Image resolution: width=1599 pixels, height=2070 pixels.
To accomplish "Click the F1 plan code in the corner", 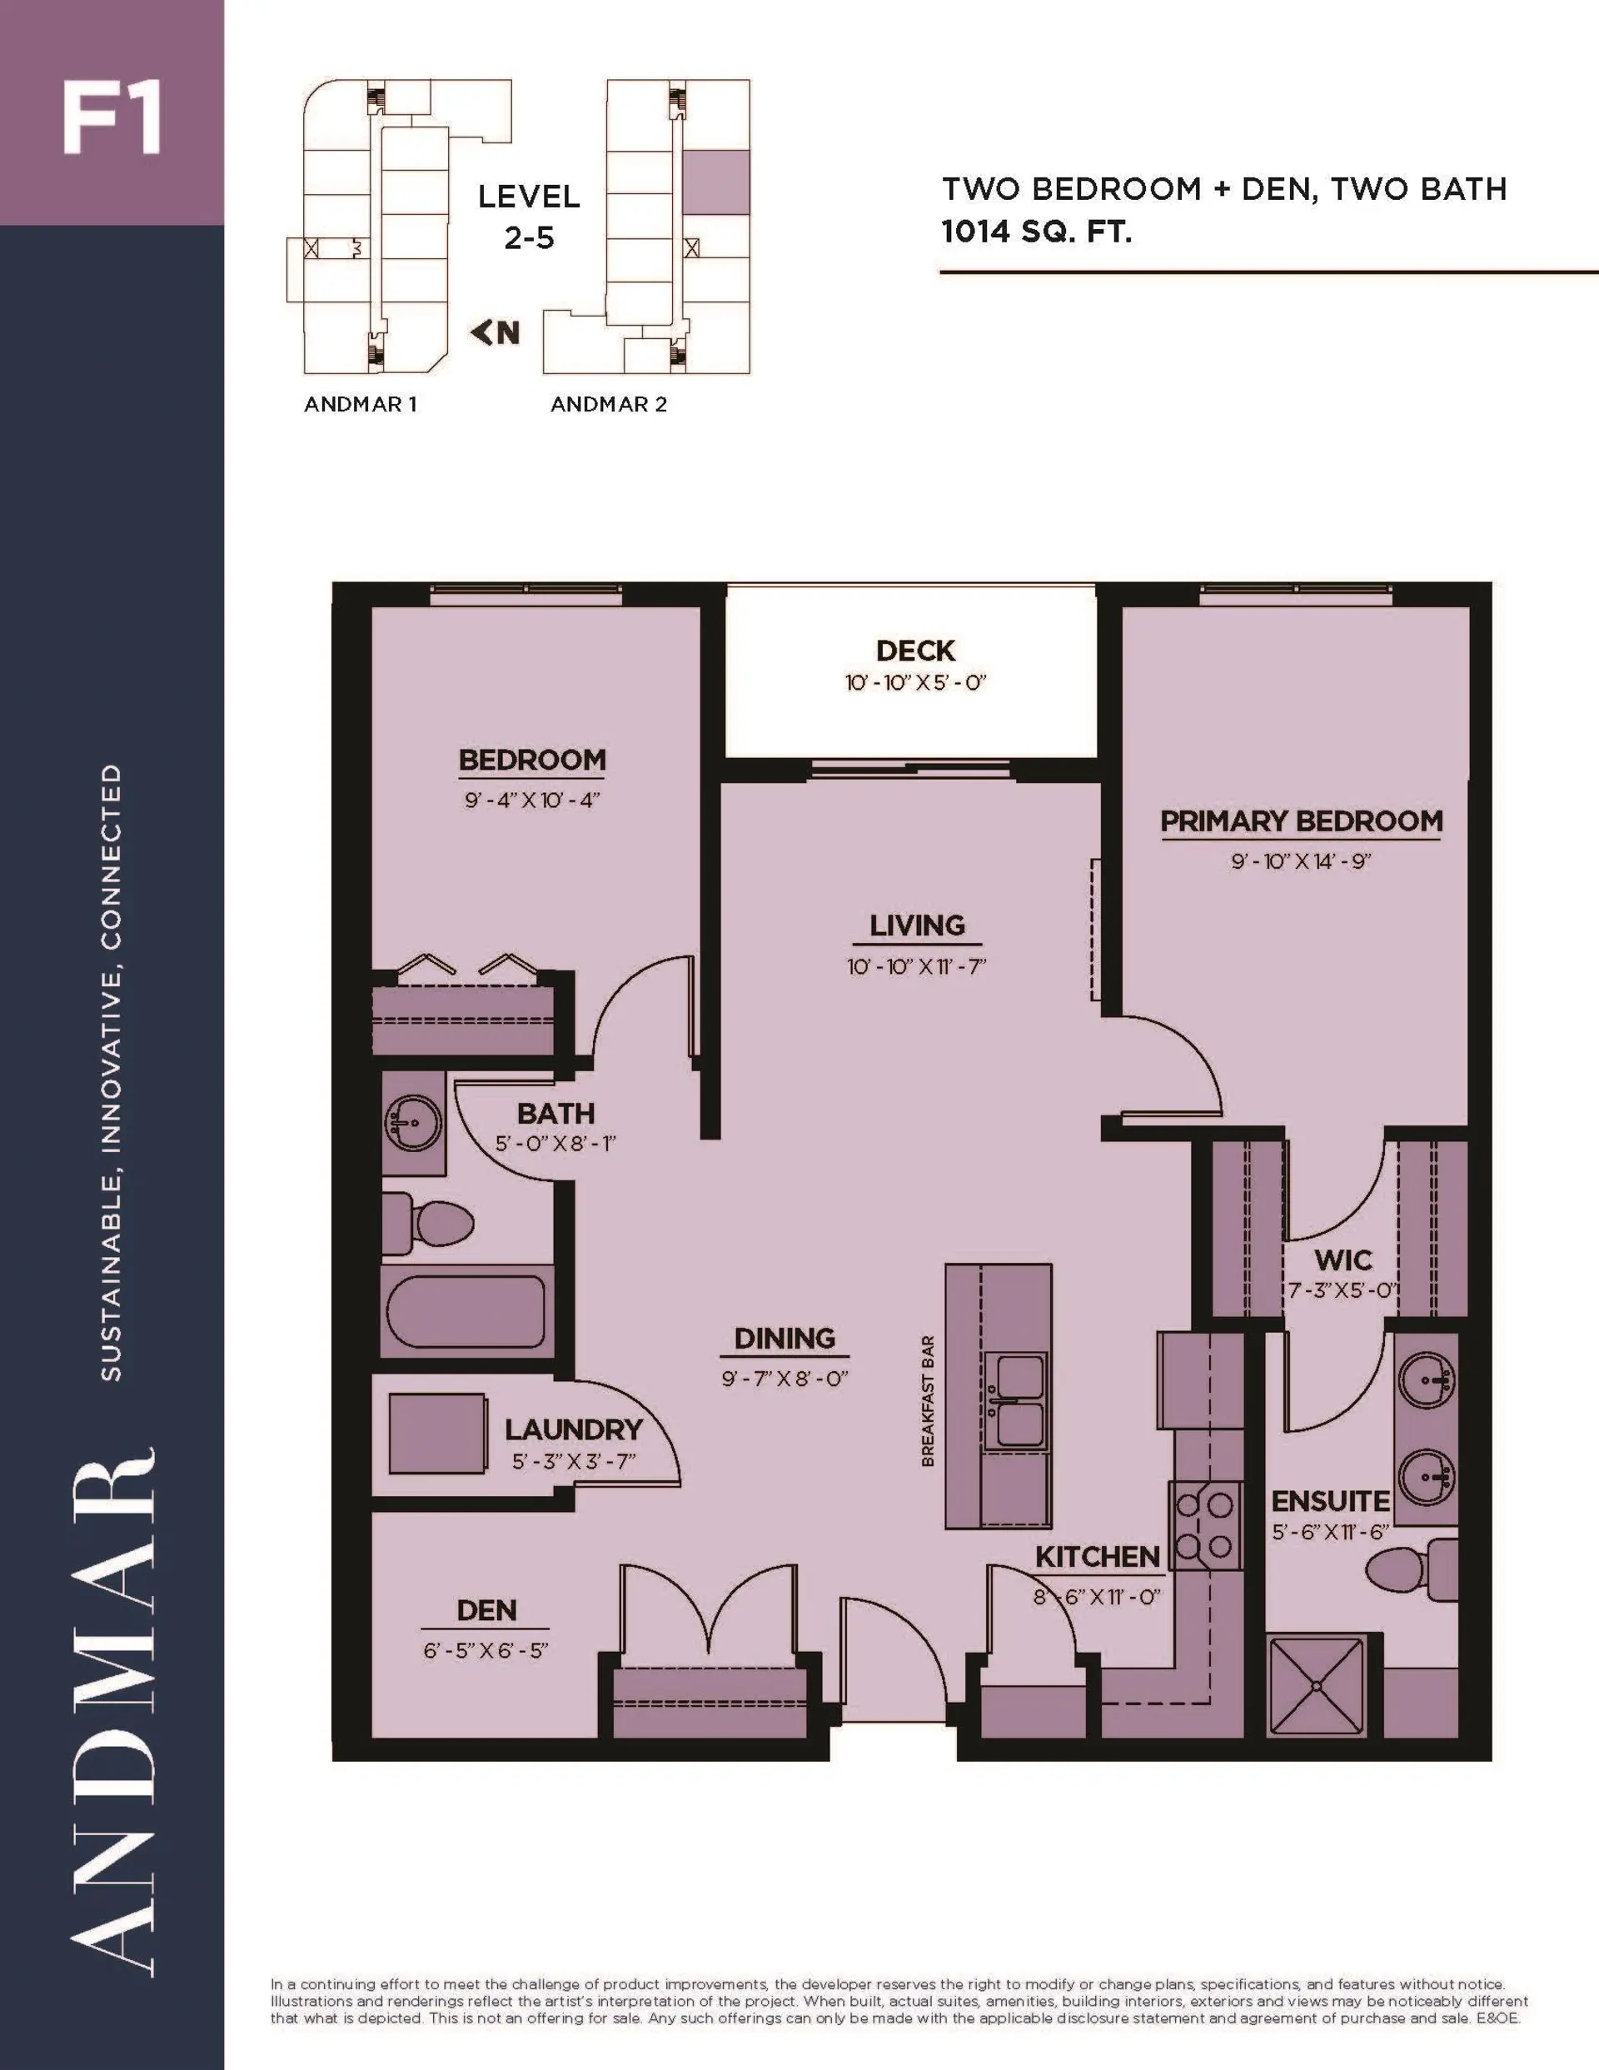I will click(111, 119).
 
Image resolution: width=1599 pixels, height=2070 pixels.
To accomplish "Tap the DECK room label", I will click(914, 651).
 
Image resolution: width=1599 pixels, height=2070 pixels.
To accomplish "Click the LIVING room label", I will click(917, 926).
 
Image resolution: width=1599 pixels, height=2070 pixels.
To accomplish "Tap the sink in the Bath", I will click(413, 1122).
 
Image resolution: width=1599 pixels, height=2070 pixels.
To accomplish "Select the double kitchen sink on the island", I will click(1015, 1402).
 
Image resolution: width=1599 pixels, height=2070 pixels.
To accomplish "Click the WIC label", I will click(1342, 1260).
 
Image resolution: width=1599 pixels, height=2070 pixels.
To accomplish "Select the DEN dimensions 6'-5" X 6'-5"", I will click(486, 1650).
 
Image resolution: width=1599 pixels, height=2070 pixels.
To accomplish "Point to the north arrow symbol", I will click(496, 332).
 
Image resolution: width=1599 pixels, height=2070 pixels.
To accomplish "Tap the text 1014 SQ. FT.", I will click(1036, 232).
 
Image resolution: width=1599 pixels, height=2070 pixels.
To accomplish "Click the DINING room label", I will click(784, 1339).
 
